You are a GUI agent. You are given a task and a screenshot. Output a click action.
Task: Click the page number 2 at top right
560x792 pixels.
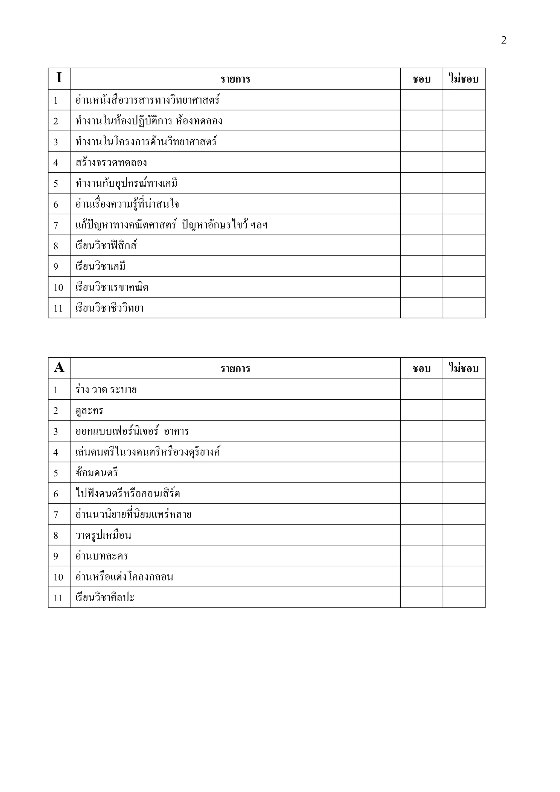click(x=503, y=40)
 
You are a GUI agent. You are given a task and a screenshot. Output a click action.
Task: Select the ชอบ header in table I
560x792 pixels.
click(x=421, y=79)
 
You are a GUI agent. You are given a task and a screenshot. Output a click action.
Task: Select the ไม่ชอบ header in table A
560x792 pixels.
click(x=464, y=368)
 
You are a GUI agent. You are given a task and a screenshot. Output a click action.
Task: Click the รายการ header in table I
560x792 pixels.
click(x=235, y=79)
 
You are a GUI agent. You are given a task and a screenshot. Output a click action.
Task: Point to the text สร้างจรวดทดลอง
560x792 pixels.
click(x=111, y=162)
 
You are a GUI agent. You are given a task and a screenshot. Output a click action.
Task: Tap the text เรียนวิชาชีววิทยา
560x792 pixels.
click(x=109, y=308)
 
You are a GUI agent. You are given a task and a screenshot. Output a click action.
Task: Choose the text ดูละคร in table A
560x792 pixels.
click(x=89, y=410)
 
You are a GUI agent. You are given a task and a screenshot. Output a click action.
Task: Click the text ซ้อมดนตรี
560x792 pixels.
click(x=97, y=473)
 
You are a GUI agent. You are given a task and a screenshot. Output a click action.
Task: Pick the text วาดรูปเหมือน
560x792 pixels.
click(x=103, y=535)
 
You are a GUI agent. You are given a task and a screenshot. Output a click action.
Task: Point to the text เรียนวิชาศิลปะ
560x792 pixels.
click(x=104, y=597)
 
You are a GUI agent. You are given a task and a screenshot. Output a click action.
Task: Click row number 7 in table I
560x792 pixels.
click(x=56, y=225)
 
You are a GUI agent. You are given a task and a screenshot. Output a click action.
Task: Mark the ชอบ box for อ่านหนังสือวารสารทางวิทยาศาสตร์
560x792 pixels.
click(x=421, y=100)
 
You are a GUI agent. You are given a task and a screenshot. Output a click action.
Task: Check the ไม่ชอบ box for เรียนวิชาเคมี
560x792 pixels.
click(x=464, y=266)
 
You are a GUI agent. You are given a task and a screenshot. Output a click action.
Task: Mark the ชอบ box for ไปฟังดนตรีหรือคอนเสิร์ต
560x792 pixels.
click(x=421, y=493)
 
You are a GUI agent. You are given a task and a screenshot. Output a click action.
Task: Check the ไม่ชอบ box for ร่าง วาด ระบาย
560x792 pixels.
click(x=464, y=389)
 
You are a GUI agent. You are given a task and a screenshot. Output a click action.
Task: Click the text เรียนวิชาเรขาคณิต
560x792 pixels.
click(x=112, y=287)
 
